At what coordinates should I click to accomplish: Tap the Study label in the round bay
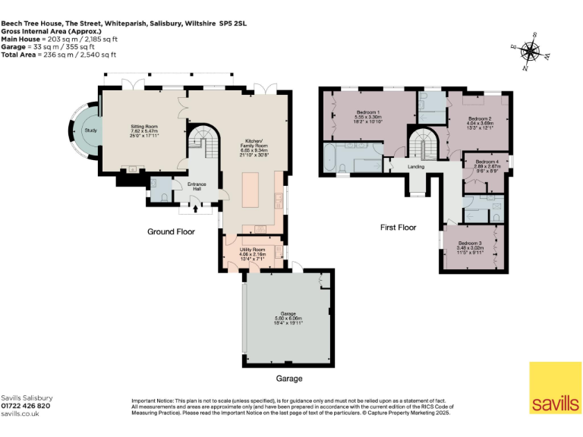90,130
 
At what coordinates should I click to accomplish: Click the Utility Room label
252,249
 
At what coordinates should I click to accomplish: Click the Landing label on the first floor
415,166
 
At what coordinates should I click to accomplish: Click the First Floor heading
398,227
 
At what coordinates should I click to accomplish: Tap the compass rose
531,52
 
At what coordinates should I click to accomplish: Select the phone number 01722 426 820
26,406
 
